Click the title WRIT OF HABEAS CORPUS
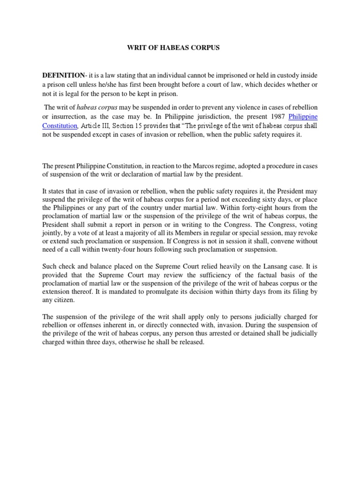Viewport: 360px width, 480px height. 167,48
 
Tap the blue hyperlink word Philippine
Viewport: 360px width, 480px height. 303,116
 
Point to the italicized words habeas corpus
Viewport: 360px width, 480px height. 94,107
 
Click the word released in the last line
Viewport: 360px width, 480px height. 189,342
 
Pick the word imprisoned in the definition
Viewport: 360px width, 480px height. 217,75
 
